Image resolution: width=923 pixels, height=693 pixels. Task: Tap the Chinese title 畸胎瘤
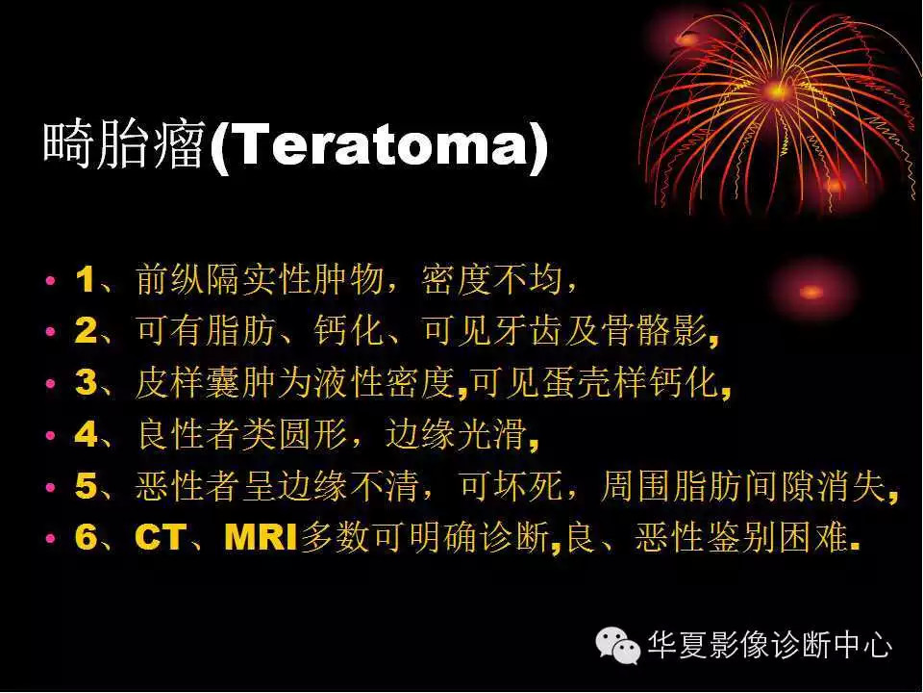(x=124, y=147)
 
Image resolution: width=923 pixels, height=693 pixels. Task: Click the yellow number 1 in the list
(x=85, y=282)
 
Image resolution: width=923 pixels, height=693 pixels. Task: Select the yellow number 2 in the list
(x=86, y=333)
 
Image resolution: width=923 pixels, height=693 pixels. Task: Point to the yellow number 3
(x=86, y=384)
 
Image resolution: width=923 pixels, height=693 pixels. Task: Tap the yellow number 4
(x=86, y=436)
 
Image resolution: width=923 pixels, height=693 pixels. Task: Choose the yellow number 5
(x=86, y=487)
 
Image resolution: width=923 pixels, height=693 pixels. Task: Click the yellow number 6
(x=86, y=538)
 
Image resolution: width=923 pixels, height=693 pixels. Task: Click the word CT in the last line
(x=159, y=538)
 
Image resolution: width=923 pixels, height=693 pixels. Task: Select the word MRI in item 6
(x=262, y=538)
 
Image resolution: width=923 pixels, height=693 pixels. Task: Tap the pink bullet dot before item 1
(x=51, y=283)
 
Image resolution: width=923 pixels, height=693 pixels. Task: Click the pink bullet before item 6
(x=51, y=539)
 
